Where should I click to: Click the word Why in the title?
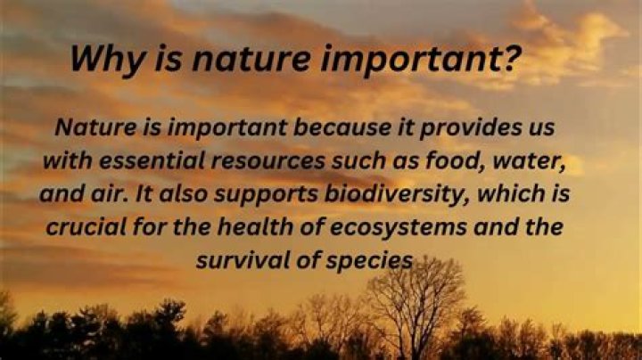[107, 59]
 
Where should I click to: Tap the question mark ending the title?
[512, 58]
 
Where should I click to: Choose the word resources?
[267, 160]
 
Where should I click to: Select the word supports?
[266, 194]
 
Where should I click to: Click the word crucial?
[86, 226]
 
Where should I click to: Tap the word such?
[358, 160]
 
